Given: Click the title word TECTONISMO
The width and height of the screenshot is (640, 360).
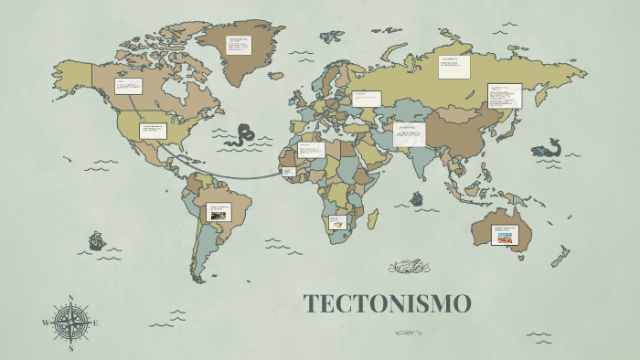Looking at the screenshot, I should click(387, 304).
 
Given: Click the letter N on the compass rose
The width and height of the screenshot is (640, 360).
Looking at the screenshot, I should click(71, 298).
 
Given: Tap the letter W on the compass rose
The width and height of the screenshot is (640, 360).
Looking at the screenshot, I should click(46, 323).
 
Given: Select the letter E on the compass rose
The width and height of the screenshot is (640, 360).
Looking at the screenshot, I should click(96, 323).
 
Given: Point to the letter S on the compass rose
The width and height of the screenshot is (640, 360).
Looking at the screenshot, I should click(71, 348).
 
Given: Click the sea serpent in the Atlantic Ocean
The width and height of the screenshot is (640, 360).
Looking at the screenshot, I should click(243, 135).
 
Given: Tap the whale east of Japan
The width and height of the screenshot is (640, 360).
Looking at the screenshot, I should click(549, 148).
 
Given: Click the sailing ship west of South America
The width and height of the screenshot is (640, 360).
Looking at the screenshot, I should click(96, 241).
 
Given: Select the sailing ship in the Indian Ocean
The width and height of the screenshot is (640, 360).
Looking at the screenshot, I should click(417, 197).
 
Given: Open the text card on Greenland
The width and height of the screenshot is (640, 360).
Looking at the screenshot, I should click(239, 45).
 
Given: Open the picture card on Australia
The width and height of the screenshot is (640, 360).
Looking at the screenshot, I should click(504, 235).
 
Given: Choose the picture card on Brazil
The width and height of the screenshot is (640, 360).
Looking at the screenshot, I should click(219, 212).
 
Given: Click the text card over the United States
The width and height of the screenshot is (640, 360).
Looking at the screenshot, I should click(152, 131).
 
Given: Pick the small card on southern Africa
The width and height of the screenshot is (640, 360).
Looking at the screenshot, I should click(338, 221).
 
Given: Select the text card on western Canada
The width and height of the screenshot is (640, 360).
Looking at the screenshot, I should click(127, 87).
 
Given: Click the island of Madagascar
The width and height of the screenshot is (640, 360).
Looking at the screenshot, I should click(373, 219).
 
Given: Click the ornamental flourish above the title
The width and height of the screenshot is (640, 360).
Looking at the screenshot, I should click(409, 267).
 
